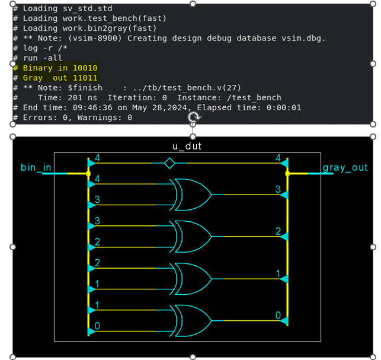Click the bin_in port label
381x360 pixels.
pyautogui.click(x=36, y=167)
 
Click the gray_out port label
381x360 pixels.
pyautogui.click(x=345, y=168)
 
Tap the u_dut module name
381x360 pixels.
pyautogui.click(x=187, y=146)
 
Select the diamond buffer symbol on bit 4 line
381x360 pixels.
pyautogui.click(x=169, y=163)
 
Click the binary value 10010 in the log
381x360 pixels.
pyautogui.click(x=85, y=68)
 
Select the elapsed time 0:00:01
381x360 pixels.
pyautogui.click(x=284, y=107)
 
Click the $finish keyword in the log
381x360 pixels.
pyautogui.click(x=85, y=88)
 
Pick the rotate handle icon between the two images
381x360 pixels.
pyautogui.click(x=194, y=117)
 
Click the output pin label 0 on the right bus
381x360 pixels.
pyautogui.click(x=278, y=316)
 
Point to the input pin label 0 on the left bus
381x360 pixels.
pyautogui.click(x=97, y=326)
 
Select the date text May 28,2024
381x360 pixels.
pyautogui.click(x=159, y=107)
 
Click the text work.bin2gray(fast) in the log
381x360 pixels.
pyautogui.click(x=110, y=28)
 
